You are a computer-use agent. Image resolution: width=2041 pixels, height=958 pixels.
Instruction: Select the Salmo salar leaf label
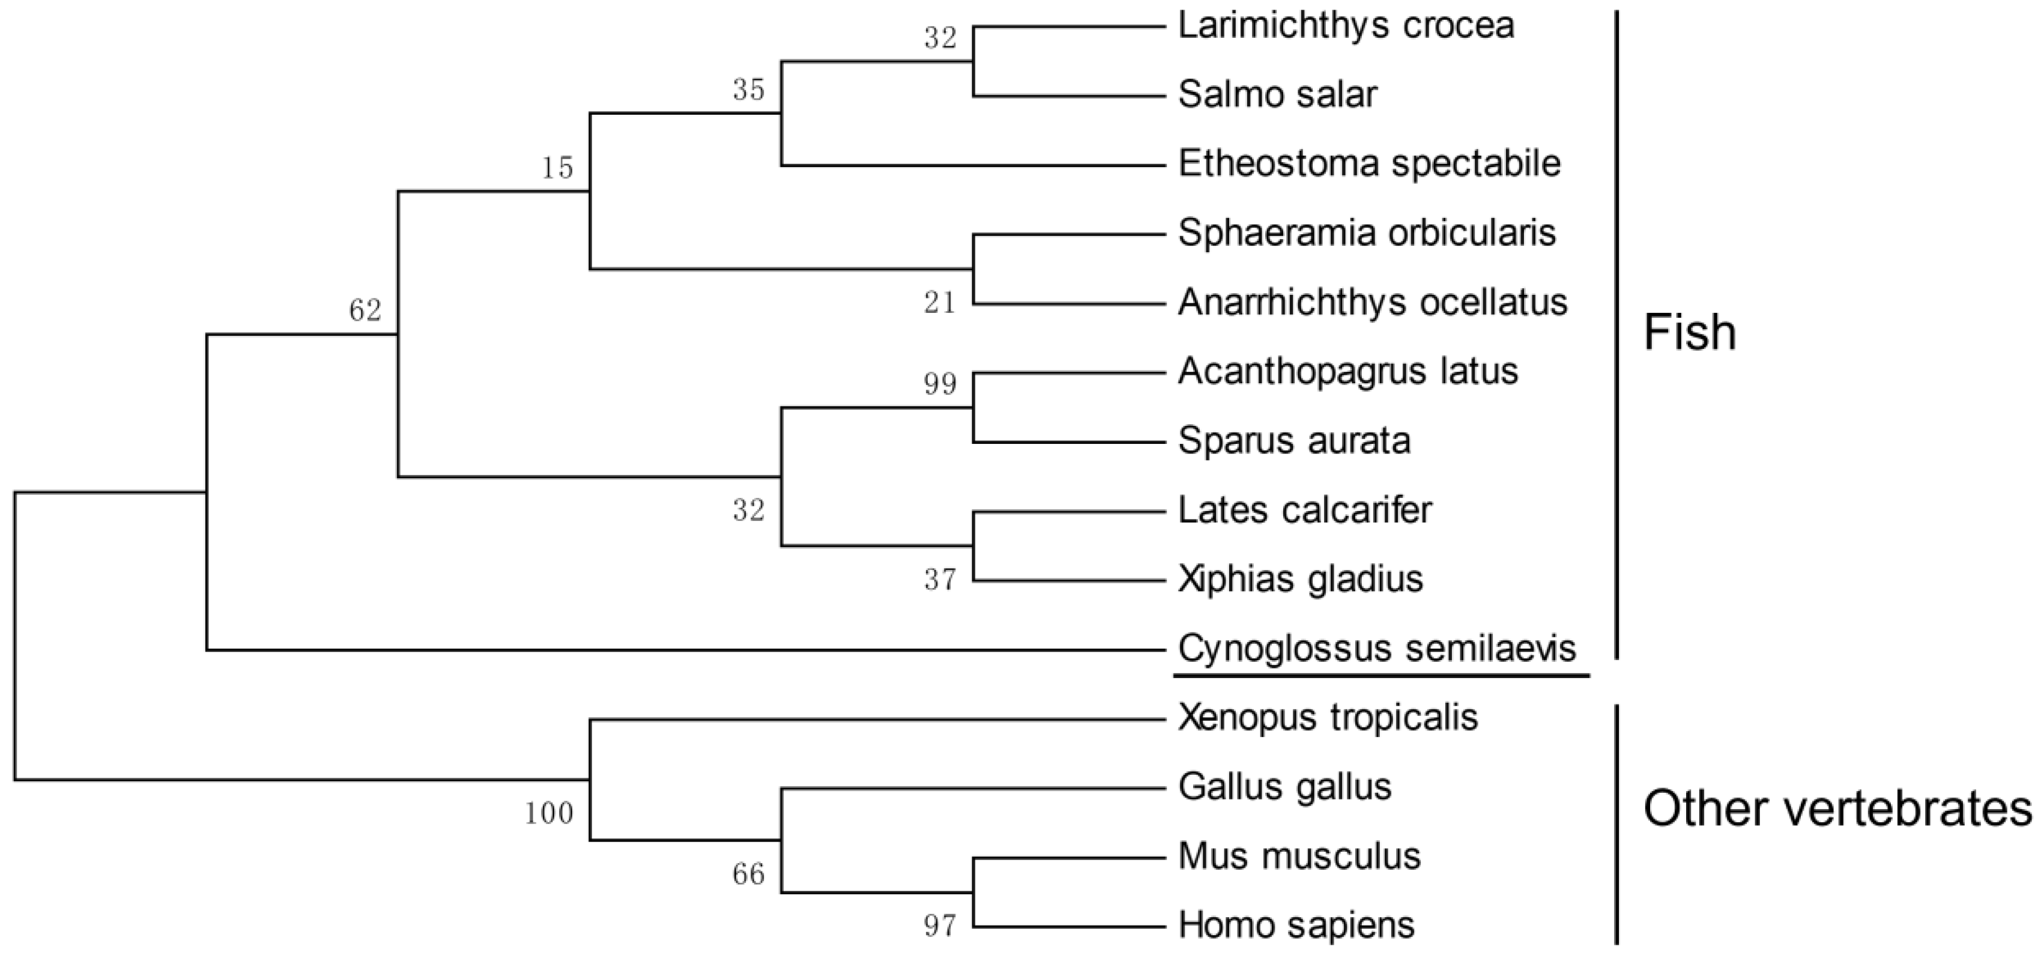pyautogui.click(x=1277, y=95)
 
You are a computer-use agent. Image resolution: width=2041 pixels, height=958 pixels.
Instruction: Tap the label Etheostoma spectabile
pyautogui.click(x=1369, y=164)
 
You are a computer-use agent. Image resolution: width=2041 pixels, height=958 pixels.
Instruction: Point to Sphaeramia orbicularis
pyautogui.click(x=1367, y=233)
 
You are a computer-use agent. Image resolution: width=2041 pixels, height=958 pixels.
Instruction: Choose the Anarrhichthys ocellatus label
pyautogui.click(x=1372, y=303)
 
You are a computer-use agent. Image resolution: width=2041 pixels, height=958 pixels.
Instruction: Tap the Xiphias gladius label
pyautogui.click(x=1300, y=579)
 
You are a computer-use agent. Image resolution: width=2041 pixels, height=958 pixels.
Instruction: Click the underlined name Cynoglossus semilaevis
pyautogui.click(x=1377, y=649)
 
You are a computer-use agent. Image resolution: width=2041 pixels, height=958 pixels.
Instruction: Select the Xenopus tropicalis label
pyautogui.click(x=1328, y=718)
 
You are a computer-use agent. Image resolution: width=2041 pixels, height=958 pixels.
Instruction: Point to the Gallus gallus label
pyautogui.click(x=1284, y=787)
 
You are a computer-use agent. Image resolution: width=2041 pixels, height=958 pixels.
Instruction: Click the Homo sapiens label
pyautogui.click(x=1296, y=925)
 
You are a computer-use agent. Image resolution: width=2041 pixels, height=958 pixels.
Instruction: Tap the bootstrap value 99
pyautogui.click(x=940, y=384)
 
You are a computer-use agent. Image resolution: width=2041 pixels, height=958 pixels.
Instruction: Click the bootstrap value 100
pyautogui.click(x=548, y=813)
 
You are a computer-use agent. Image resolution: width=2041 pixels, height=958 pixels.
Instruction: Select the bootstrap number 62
pyautogui.click(x=365, y=311)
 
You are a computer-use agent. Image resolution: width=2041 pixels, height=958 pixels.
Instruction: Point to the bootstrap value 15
pyautogui.click(x=557, y=168)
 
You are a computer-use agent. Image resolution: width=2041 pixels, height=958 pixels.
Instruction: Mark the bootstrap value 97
pyautogui.click(x=940, y=926)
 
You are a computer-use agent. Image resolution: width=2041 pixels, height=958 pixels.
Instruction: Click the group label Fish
pyautogui.click(x=1689, y=332)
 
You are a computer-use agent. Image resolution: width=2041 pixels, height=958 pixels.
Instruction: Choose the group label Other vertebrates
pyautogui.click(x=1837, y=809)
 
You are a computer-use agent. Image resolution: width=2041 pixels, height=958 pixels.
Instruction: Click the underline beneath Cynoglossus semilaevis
pyautogui.click(x=1381, y=676)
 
